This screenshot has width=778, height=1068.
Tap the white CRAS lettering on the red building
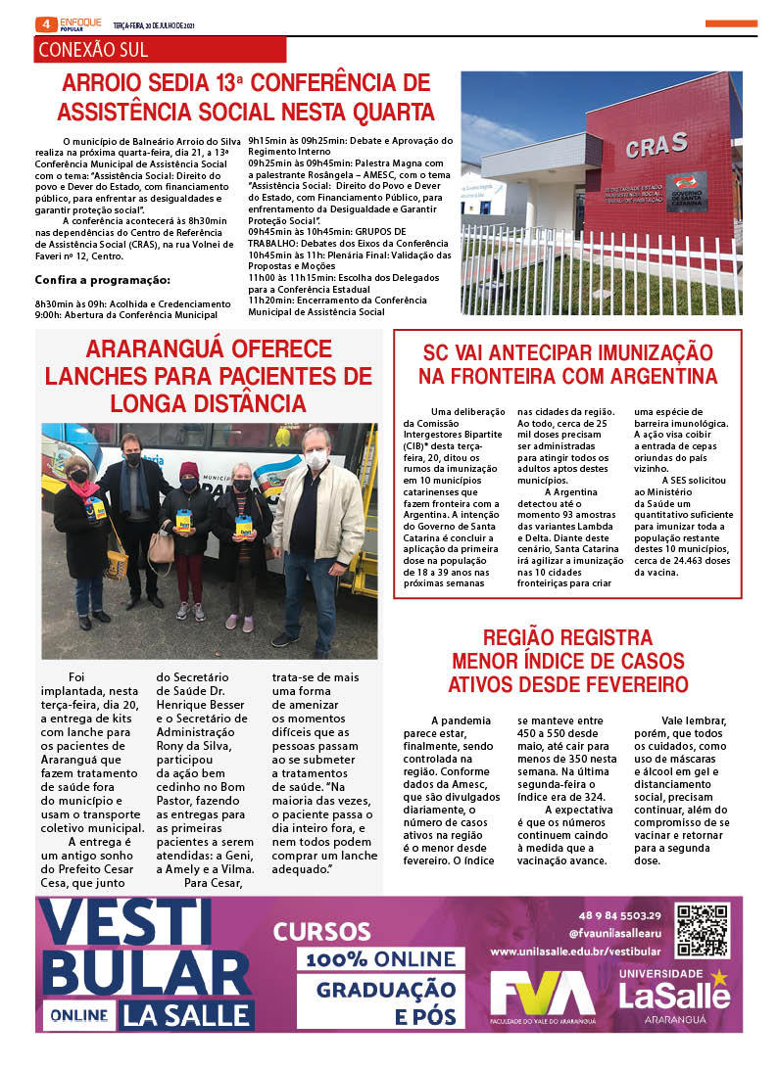[656, 146]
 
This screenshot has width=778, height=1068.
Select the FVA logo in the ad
[542, 996]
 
